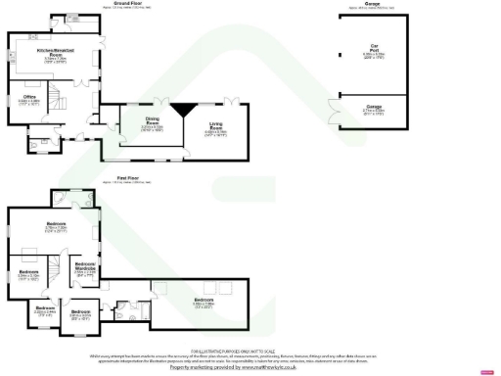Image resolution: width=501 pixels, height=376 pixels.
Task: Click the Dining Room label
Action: tap(150, 123)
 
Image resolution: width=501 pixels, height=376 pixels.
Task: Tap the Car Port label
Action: tap(374, 47)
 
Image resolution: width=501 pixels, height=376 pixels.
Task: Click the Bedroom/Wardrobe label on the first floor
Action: tap(85, 267)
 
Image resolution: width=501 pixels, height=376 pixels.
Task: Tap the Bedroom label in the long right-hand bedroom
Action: tap(204, 301)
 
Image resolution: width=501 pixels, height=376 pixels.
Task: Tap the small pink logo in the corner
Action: tap(485, 370)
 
